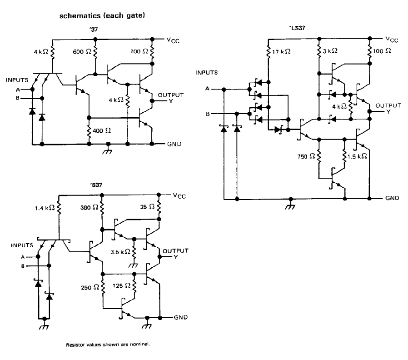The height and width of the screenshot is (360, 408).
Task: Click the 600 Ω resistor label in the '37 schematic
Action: tap(82, 51)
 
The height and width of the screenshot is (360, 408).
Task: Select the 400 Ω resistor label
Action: tap(102, 130)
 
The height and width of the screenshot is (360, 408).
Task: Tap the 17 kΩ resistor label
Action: tap(281, 51)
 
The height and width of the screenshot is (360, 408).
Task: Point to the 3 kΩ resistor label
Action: tap(330, 51)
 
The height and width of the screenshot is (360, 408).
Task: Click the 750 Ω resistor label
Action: tap(306, 156)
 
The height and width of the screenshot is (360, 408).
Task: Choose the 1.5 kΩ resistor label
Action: tap(357, 156)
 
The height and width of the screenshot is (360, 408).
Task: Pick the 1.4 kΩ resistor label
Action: tap(45, 208)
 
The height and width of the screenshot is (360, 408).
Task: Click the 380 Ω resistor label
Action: tap(90, 207)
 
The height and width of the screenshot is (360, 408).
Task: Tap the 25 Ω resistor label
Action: tap(148, 207)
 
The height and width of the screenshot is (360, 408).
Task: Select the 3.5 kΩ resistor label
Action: tap(120, 252)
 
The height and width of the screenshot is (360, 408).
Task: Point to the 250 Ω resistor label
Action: tap(90, 287)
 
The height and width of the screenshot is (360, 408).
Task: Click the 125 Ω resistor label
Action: tap(121, 285)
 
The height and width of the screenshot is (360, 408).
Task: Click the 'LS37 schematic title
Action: tap(297, 28)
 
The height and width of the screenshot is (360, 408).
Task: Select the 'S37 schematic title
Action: tap(96, 185)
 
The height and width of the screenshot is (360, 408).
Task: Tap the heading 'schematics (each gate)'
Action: tap(102, 15)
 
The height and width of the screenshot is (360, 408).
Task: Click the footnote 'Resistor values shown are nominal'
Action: tap(108, 345)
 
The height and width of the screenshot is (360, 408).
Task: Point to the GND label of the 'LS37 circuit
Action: tap(392, 198)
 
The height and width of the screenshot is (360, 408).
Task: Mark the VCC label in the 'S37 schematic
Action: tap(179, 196)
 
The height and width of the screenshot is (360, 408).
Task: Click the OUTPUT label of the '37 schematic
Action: tap(171, 95)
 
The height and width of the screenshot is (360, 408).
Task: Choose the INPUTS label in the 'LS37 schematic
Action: tap(207, 73)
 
